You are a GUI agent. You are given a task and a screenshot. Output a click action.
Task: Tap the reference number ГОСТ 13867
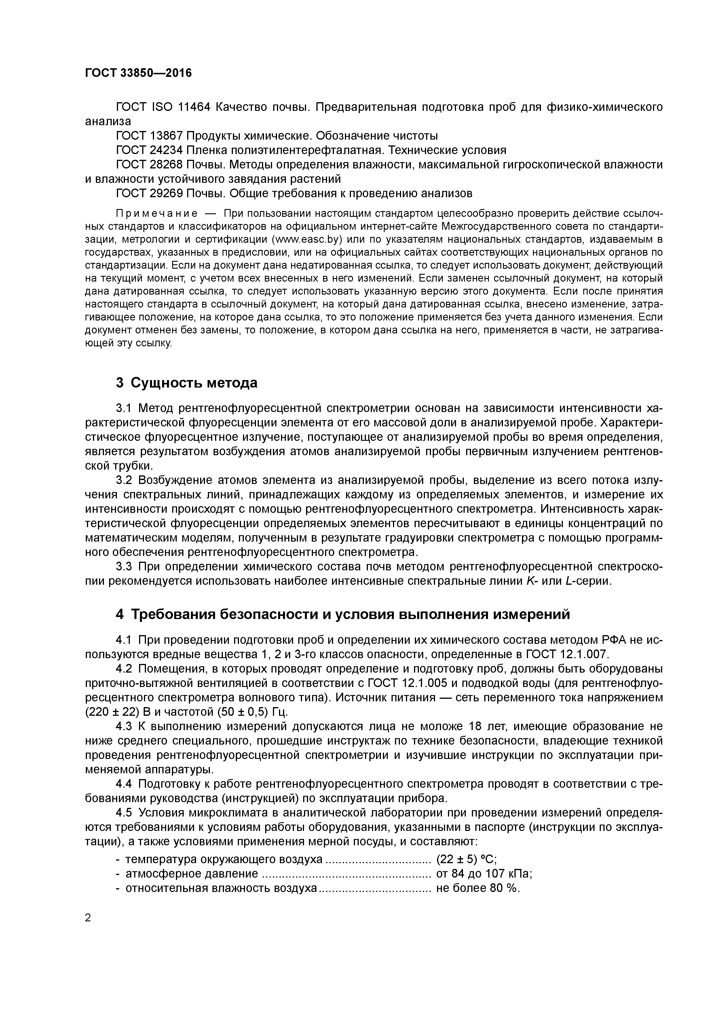(x=149, y=136)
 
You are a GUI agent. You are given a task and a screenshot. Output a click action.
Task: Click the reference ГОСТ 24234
(x=149, y=150)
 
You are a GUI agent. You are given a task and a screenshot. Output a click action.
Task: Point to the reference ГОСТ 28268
(x=149, y=164)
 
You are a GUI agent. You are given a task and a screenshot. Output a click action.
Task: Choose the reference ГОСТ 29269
(x=149, y=193)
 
